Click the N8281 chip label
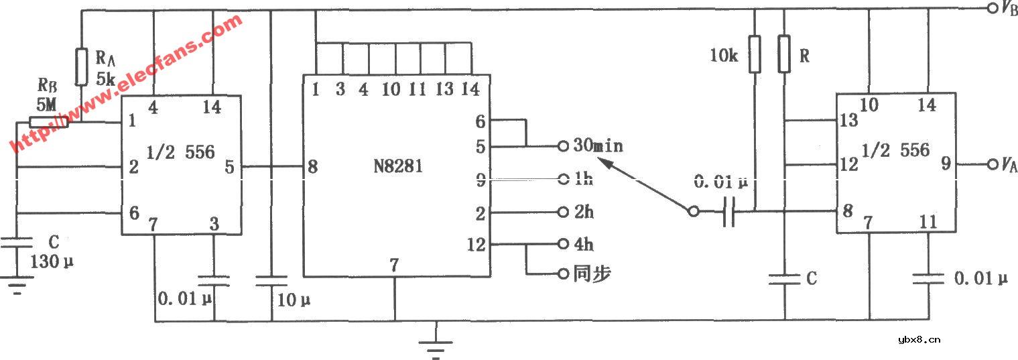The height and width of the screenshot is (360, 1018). click(397, 166)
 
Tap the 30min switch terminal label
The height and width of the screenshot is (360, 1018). click(598, 145)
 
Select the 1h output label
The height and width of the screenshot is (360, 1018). click(584, 178)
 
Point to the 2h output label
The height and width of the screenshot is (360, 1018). click(584, 212)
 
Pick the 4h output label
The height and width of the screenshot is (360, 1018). click(584, 245)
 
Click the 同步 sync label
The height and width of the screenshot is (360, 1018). click(592, 274)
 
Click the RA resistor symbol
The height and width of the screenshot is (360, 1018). click(81, 67)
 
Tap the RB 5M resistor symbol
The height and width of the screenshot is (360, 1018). click(49, 122)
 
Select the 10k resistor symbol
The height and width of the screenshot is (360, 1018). click(755, 54)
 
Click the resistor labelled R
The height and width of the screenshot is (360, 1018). click(784, 54)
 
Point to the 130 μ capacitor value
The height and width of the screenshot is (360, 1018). click(52, 262)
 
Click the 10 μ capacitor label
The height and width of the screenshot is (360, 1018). click(294, 300)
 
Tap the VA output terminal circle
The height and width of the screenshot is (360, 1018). click(992, 164)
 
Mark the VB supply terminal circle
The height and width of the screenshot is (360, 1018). click(992, 8)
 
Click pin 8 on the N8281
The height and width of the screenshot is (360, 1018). click(313, 167)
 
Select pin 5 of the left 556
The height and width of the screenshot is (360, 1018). click(229, 167)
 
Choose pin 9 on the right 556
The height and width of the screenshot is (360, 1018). click(946, 164)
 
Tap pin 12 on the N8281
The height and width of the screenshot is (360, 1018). click(476, 245)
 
